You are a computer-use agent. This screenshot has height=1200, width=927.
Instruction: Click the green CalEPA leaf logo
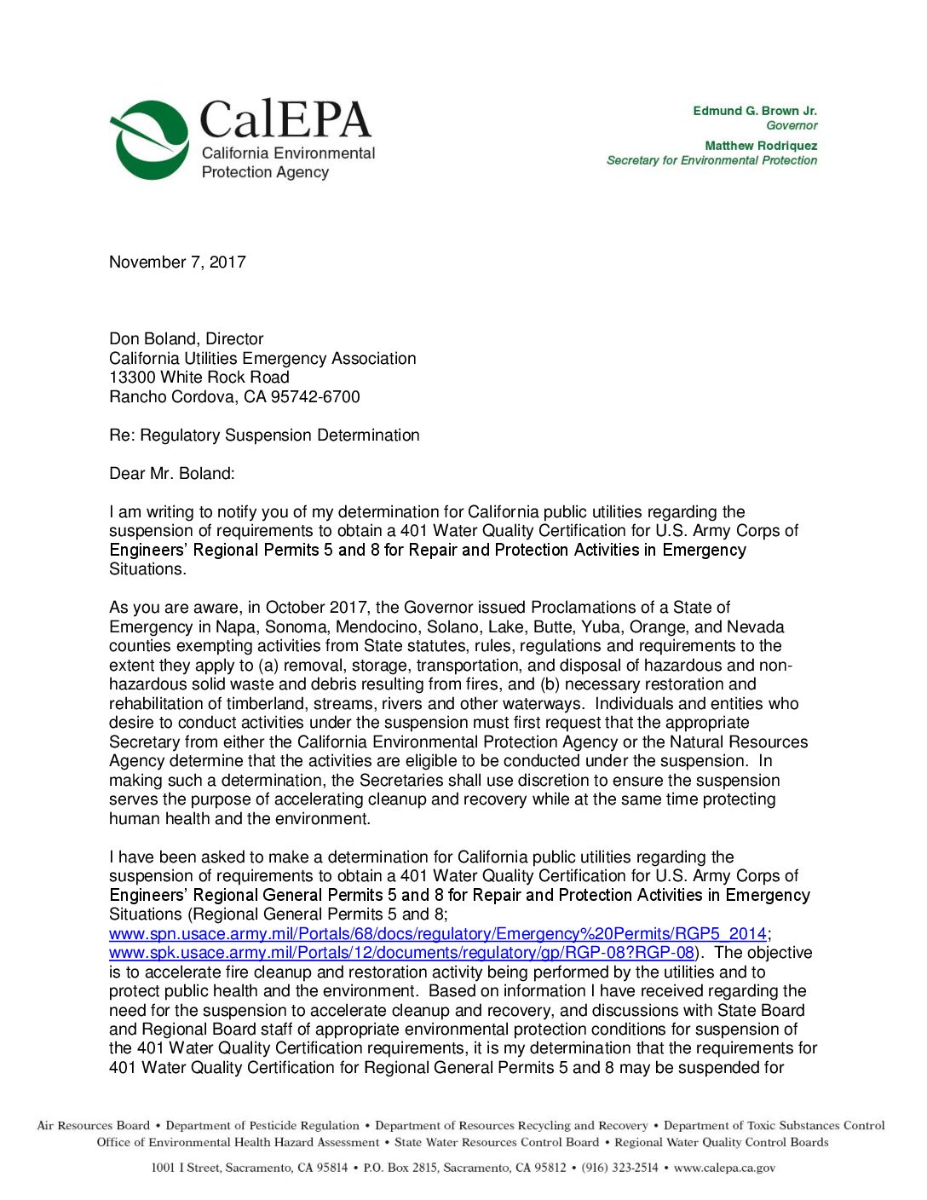(x=150, y=140)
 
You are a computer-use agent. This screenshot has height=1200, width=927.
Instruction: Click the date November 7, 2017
(x=177, y=262)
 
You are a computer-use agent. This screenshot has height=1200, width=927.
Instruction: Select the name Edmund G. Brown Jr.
(x=754, y=111)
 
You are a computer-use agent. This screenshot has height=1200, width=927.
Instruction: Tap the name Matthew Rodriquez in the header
(x=760, y=146)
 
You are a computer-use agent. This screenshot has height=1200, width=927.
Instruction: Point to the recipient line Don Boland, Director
(x=186, y=339)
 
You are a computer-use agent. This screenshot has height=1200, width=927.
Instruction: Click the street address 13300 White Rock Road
(x=199, y=378)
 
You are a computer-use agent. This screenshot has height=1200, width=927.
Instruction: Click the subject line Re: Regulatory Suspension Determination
(x=264, y=436)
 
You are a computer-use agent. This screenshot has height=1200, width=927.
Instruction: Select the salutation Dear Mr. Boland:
(x=171, y=474)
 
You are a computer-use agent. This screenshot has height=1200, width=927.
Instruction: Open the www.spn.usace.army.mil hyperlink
(x=437, y=934)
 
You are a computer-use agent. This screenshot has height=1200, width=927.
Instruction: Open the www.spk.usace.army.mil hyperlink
(x=401, y=953)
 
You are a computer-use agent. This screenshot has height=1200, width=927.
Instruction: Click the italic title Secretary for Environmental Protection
(x=711, y=160)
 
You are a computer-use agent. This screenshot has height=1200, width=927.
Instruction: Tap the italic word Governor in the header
(x=792, y=125)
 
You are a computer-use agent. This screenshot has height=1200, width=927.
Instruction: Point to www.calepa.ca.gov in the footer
(x=724, y=1168)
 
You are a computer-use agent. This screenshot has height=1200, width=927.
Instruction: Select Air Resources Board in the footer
(x=94, y=1126)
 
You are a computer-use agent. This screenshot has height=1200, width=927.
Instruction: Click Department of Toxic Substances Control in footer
(x=774, y=1126)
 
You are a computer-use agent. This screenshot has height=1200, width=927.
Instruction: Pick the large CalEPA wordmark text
(x=285, y=119)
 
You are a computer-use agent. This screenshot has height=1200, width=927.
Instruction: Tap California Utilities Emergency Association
(x=262, y=359)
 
